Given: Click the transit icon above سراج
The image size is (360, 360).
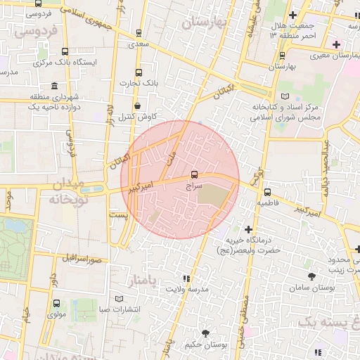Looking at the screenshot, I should tap(194, 174).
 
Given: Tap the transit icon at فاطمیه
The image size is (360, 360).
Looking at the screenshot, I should tap(267, 192).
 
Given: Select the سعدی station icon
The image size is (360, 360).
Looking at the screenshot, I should tap(139, 33).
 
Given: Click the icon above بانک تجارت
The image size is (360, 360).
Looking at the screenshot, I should tap(138, 72).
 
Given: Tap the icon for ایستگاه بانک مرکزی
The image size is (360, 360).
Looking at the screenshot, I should tap(65, 51).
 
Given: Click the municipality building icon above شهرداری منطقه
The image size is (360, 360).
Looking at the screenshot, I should tap(54, 86).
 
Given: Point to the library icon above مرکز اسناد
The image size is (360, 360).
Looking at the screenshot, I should tap(284, 96).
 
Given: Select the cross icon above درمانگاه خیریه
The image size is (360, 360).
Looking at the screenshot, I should tap(248, 229).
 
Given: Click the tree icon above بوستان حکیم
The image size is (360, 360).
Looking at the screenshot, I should tap(206, 333).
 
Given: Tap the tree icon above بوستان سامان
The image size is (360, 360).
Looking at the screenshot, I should tap(311, 276).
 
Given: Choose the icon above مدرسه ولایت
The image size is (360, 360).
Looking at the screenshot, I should tap(186, 278).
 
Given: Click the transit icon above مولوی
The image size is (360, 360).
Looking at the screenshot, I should tap(56, 304).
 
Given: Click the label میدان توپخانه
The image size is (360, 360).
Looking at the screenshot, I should tap(67, 191).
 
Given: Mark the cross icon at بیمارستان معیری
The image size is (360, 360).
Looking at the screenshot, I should tap(336, 25).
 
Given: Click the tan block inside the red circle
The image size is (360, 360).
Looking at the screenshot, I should tap(214, 194).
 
